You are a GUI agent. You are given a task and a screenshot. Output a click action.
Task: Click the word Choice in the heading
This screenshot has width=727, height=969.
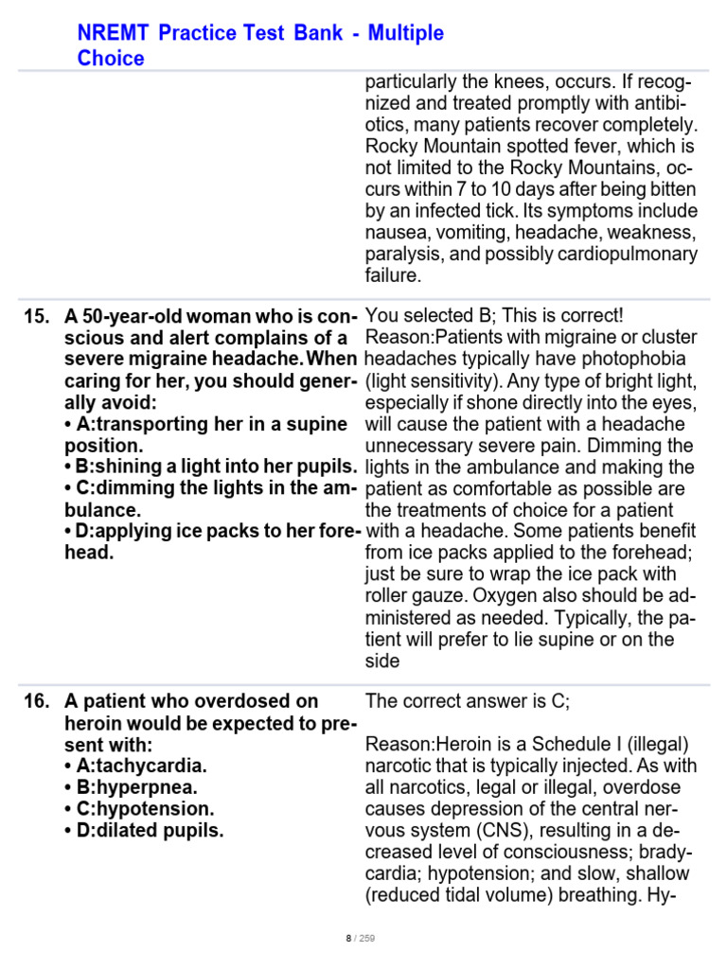(111, 59)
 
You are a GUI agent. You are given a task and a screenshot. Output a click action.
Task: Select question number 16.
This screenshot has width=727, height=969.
(36, 701)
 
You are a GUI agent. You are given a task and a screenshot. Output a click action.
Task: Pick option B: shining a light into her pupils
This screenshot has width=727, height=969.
(210, 467)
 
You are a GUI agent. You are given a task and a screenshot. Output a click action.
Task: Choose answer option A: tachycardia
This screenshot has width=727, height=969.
(135, 766)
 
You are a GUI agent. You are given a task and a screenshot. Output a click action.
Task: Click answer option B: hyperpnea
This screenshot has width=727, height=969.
(131, 787)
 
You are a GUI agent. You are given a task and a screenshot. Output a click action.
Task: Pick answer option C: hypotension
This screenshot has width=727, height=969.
(139, 809)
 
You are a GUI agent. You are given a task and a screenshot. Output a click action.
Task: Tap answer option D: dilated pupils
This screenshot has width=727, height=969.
(145, 831)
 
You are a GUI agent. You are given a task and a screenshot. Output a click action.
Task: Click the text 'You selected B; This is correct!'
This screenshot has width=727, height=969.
(494, 316)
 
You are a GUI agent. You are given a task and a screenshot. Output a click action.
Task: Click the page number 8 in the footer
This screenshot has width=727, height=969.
(348, 939)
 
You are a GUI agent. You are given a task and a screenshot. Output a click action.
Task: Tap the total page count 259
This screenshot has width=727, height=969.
(367, 939)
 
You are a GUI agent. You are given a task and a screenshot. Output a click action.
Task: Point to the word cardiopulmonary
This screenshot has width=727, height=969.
(620, 255)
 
